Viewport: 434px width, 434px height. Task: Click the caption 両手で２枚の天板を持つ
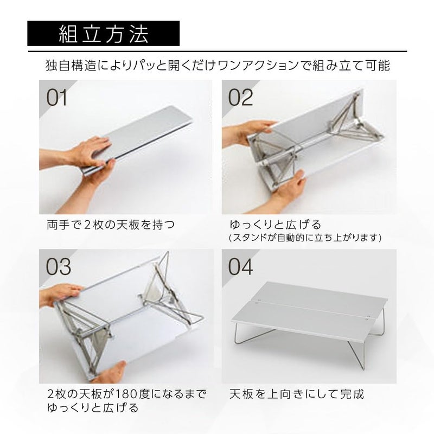pos(111,224)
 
